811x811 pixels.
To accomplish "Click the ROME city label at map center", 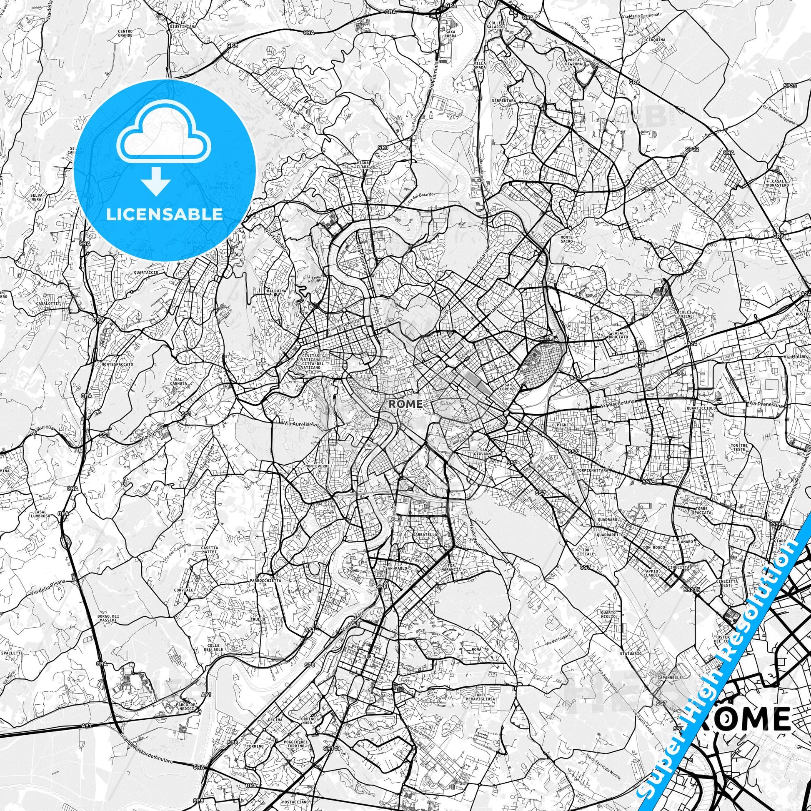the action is tap(405, 404).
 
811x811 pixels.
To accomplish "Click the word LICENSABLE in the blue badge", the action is tap(165, 214).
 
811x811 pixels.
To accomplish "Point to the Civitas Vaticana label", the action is tap(311, 361).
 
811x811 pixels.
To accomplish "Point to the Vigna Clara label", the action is tap(363, 165).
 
